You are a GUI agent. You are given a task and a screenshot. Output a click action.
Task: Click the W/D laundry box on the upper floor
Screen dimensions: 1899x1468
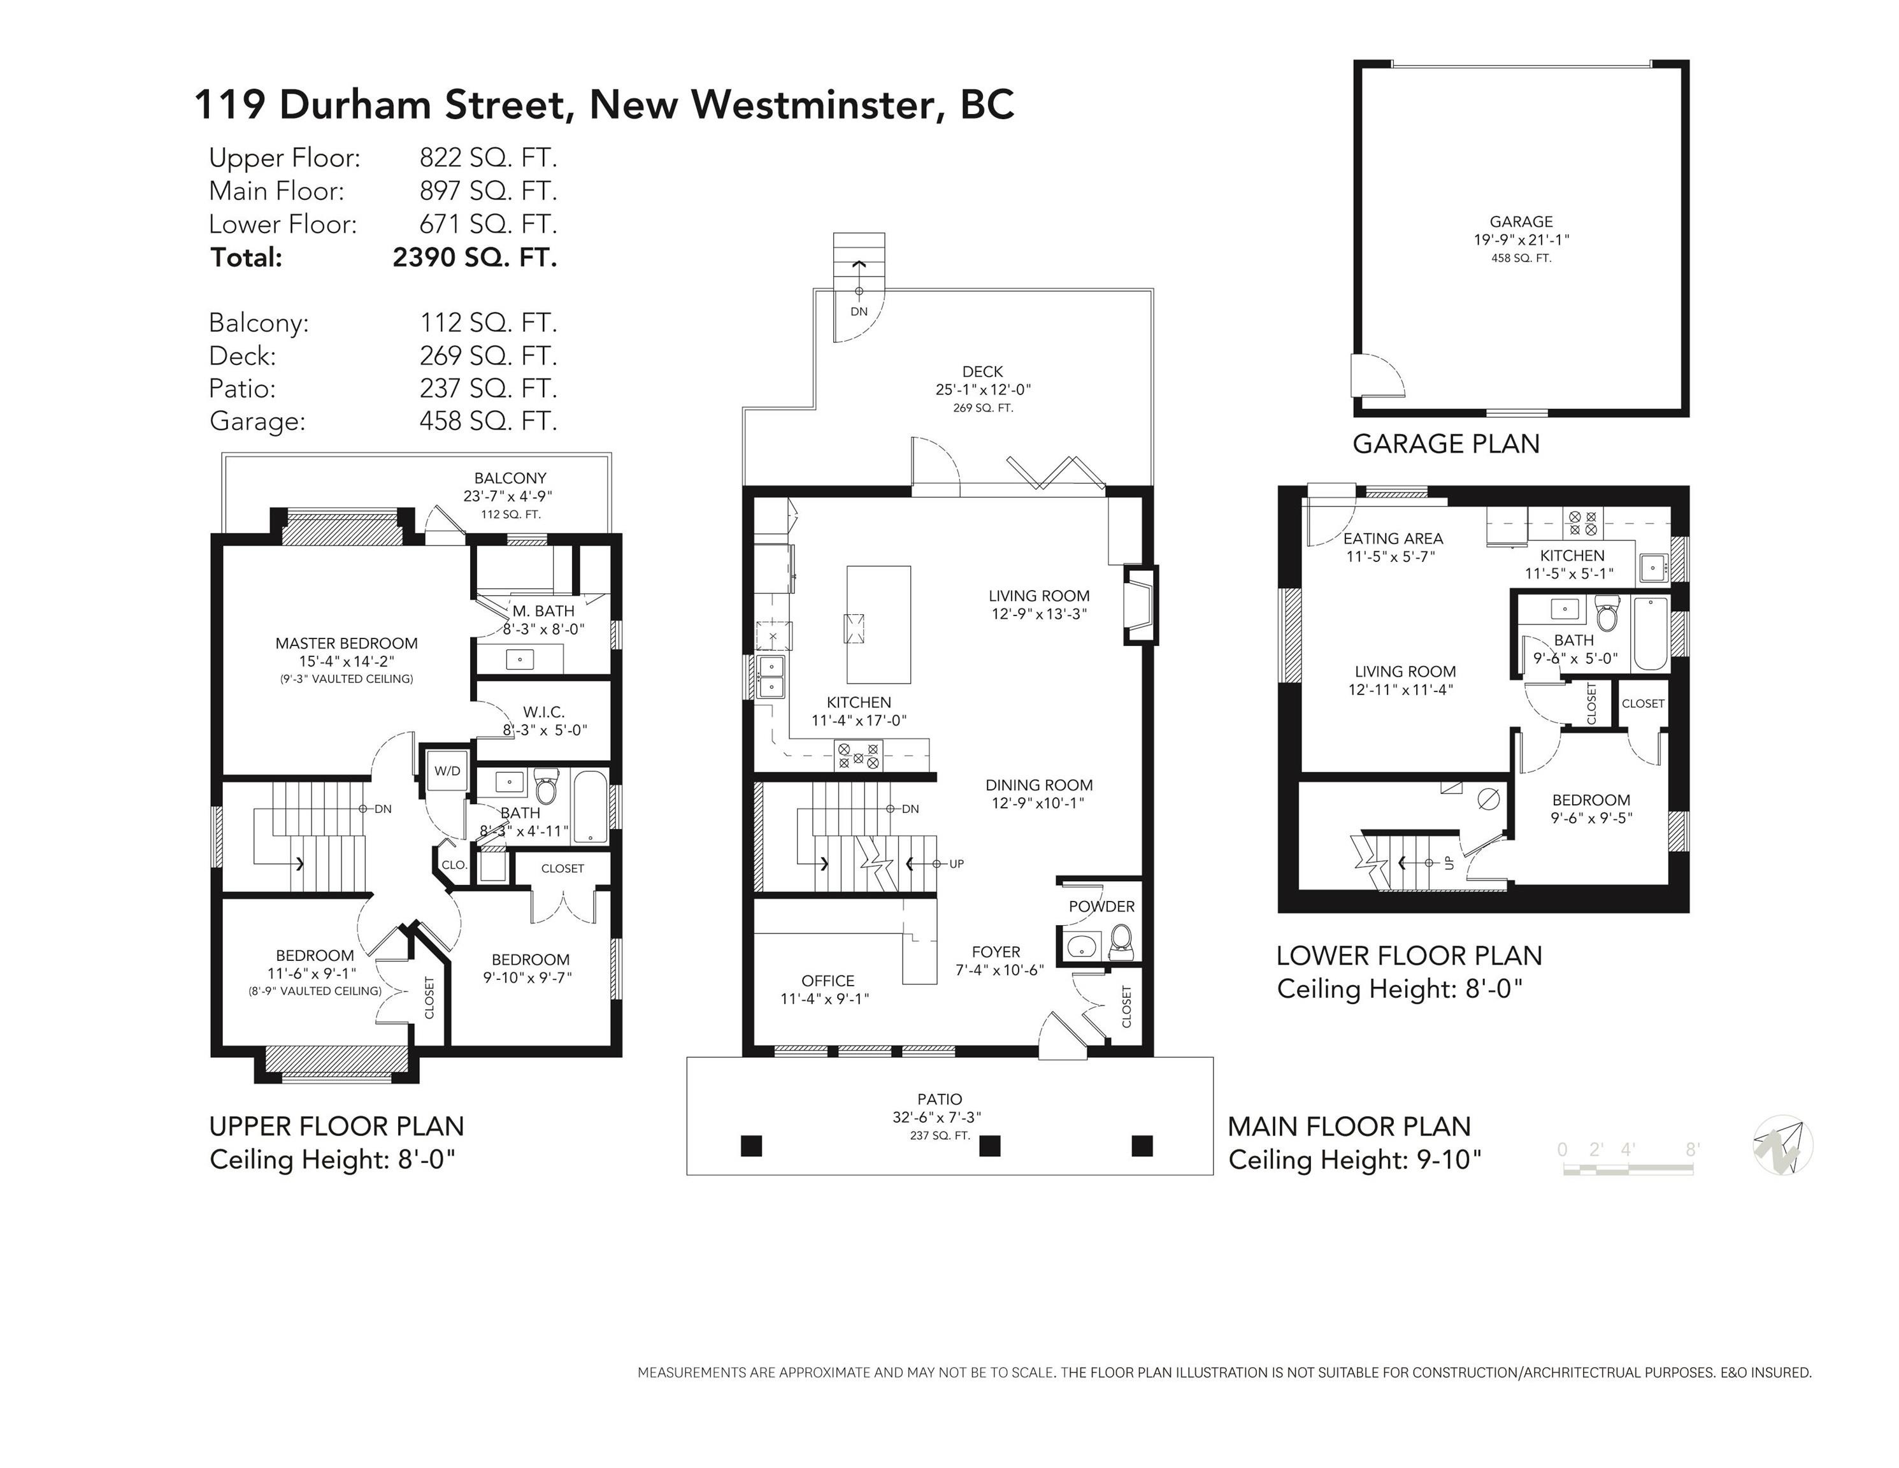pyautogui.click(x=448, y=770)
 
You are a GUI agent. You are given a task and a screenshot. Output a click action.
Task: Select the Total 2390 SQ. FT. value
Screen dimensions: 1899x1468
pyautogui.click(x=475, y=257)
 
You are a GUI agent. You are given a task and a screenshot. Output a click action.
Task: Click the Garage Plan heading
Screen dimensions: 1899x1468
pyautogui.click(x=1446, y=443)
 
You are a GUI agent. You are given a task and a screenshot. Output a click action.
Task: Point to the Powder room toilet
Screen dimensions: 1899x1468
pyautogui.click(x=1121, y=942)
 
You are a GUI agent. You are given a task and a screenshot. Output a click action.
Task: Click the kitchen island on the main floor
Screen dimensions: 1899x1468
pyautogui.click(x=879, y=624)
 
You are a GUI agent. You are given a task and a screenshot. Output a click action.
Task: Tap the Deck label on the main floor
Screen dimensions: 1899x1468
pyautogui.click(x=982, y=371)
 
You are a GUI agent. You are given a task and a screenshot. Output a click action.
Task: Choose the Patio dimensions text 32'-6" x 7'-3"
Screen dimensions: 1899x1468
pyautogui.click(x=936, y=1118)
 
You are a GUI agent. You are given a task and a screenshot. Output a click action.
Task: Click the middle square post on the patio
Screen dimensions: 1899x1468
pyautogui.click(x=989, y=1146)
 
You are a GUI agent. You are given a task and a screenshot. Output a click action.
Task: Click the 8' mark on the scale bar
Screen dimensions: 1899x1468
pyautogui.click(x=1692, y=1149)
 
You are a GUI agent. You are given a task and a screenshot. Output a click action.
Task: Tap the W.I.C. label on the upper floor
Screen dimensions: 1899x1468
pyautogui.click(x=543, y=712)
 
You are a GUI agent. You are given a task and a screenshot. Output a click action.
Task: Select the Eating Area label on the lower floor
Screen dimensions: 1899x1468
pyautogui.click(x=1393, y=538)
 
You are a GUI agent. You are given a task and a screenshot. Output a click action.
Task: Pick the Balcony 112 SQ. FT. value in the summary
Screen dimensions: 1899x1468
pyautogui.click(x=488, y=322)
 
